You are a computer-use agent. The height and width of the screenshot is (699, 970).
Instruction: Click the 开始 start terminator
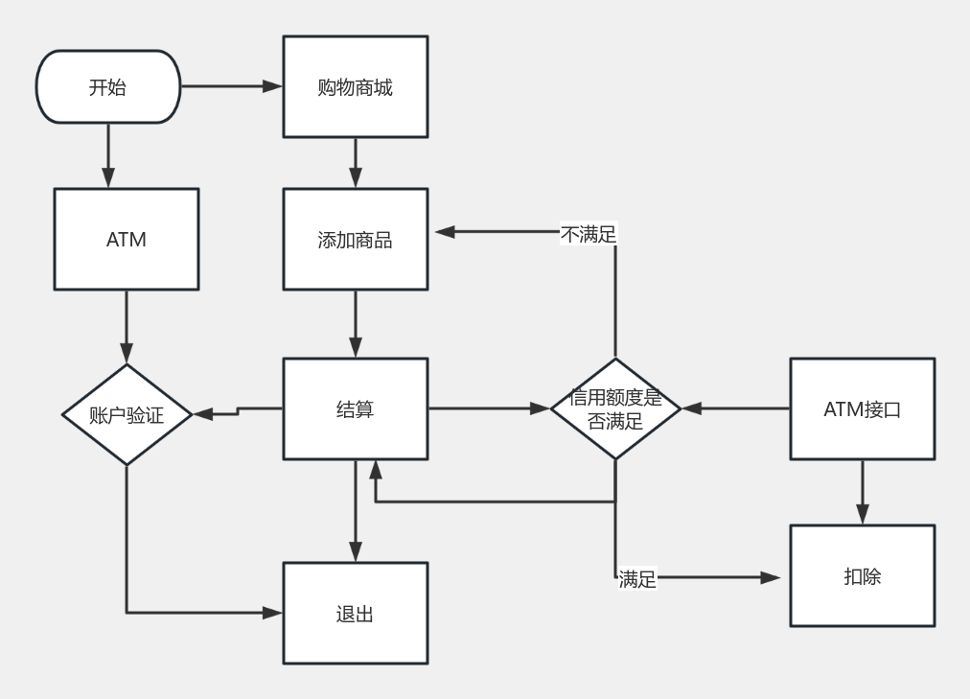[x=107, y=87]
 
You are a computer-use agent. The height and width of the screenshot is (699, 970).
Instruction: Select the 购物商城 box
[x=355, y=87]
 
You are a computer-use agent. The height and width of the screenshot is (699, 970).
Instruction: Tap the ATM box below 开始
[x=126, y=239]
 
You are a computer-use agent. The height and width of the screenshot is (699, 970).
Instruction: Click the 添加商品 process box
[x=355, y=240]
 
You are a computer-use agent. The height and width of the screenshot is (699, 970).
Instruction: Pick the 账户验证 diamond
[x=127, y=414]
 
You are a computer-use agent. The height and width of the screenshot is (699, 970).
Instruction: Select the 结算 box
[x=355, y=408]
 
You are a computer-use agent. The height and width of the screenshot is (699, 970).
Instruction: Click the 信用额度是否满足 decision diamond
[x=615, y=408]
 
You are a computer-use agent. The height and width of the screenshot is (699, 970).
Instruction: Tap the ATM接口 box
[x=862, y=408]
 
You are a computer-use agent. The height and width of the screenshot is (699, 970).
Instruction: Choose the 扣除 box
[x=862, y=576]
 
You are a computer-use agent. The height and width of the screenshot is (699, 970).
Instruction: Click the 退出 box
[x=355, y=614]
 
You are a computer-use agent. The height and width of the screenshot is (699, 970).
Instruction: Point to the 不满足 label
[x=588, y=233]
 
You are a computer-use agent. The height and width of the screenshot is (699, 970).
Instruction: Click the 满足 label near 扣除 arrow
[x=637, y=579]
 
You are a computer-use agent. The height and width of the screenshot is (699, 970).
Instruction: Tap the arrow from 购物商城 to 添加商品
[x=355, y=163]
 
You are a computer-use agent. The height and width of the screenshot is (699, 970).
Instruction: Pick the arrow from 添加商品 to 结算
[x=355, y=324]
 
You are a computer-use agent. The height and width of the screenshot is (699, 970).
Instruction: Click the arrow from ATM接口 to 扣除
[x=862, y=492]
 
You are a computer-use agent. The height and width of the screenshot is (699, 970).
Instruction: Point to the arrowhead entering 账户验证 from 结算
[x=201, y=414]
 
